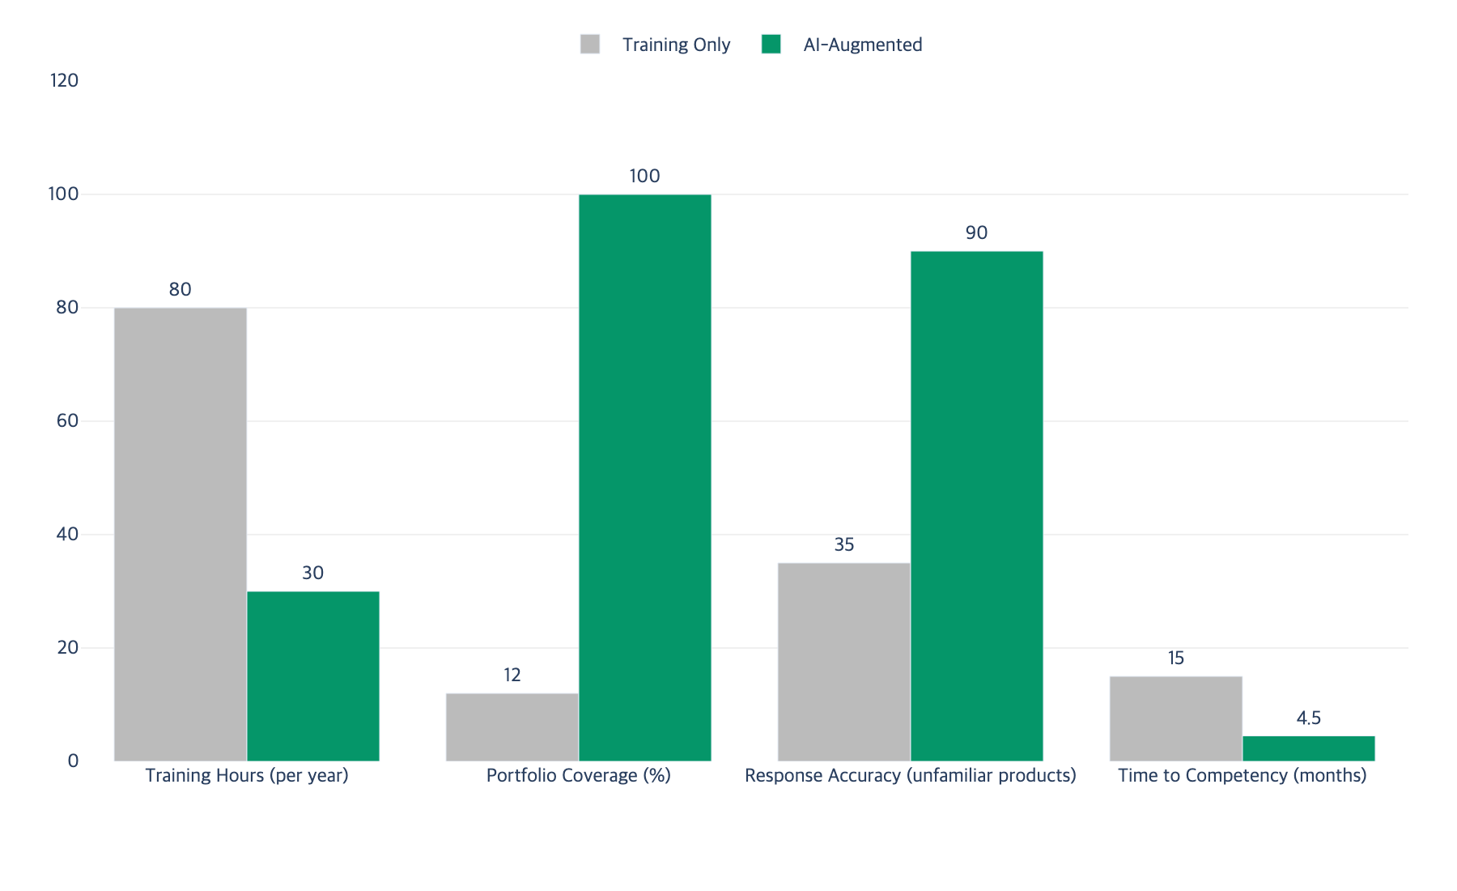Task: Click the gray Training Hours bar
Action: click(181, 535)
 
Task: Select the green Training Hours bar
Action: click(313, 676)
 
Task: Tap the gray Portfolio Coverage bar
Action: click(512, 727)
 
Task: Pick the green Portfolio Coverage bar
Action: click(645, 478)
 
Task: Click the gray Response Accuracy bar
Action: click(844, 662)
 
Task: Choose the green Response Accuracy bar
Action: click(977, 506)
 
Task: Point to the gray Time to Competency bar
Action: click(1176, 718)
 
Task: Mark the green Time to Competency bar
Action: click(1309, 748)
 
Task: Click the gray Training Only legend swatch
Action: click(590, 44)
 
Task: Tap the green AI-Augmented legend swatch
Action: click(771, 44)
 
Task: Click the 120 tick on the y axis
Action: click(64, 80)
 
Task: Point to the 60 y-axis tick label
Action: click(68, 420)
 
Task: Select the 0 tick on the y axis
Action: click(74, 761)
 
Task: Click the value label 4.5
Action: click(1309, 718)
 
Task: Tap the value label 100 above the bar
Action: click(645, 176)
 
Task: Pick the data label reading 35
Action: click(844, 544)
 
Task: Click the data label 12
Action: click(512, 675)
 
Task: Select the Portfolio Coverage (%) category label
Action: click(579, 775)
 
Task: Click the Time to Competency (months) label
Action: click(1242, 775)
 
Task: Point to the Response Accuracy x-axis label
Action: click(911, 775)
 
